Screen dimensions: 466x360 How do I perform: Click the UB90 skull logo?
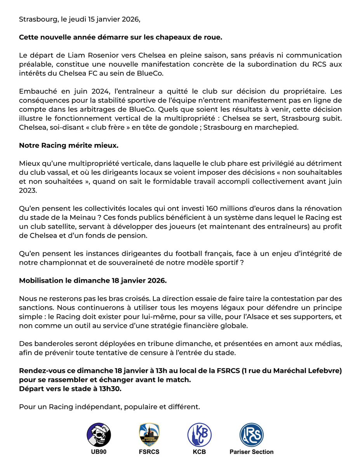(x=99, y=435)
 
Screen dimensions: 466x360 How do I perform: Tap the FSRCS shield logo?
(x=150, y=435)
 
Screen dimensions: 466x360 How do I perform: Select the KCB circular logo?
(x=199, y=435)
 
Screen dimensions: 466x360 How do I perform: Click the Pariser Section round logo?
(x=251, y=435)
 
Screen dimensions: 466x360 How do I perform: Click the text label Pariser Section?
(x=251, y=452)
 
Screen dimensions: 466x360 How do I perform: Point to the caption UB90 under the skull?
(x=99, y=452)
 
